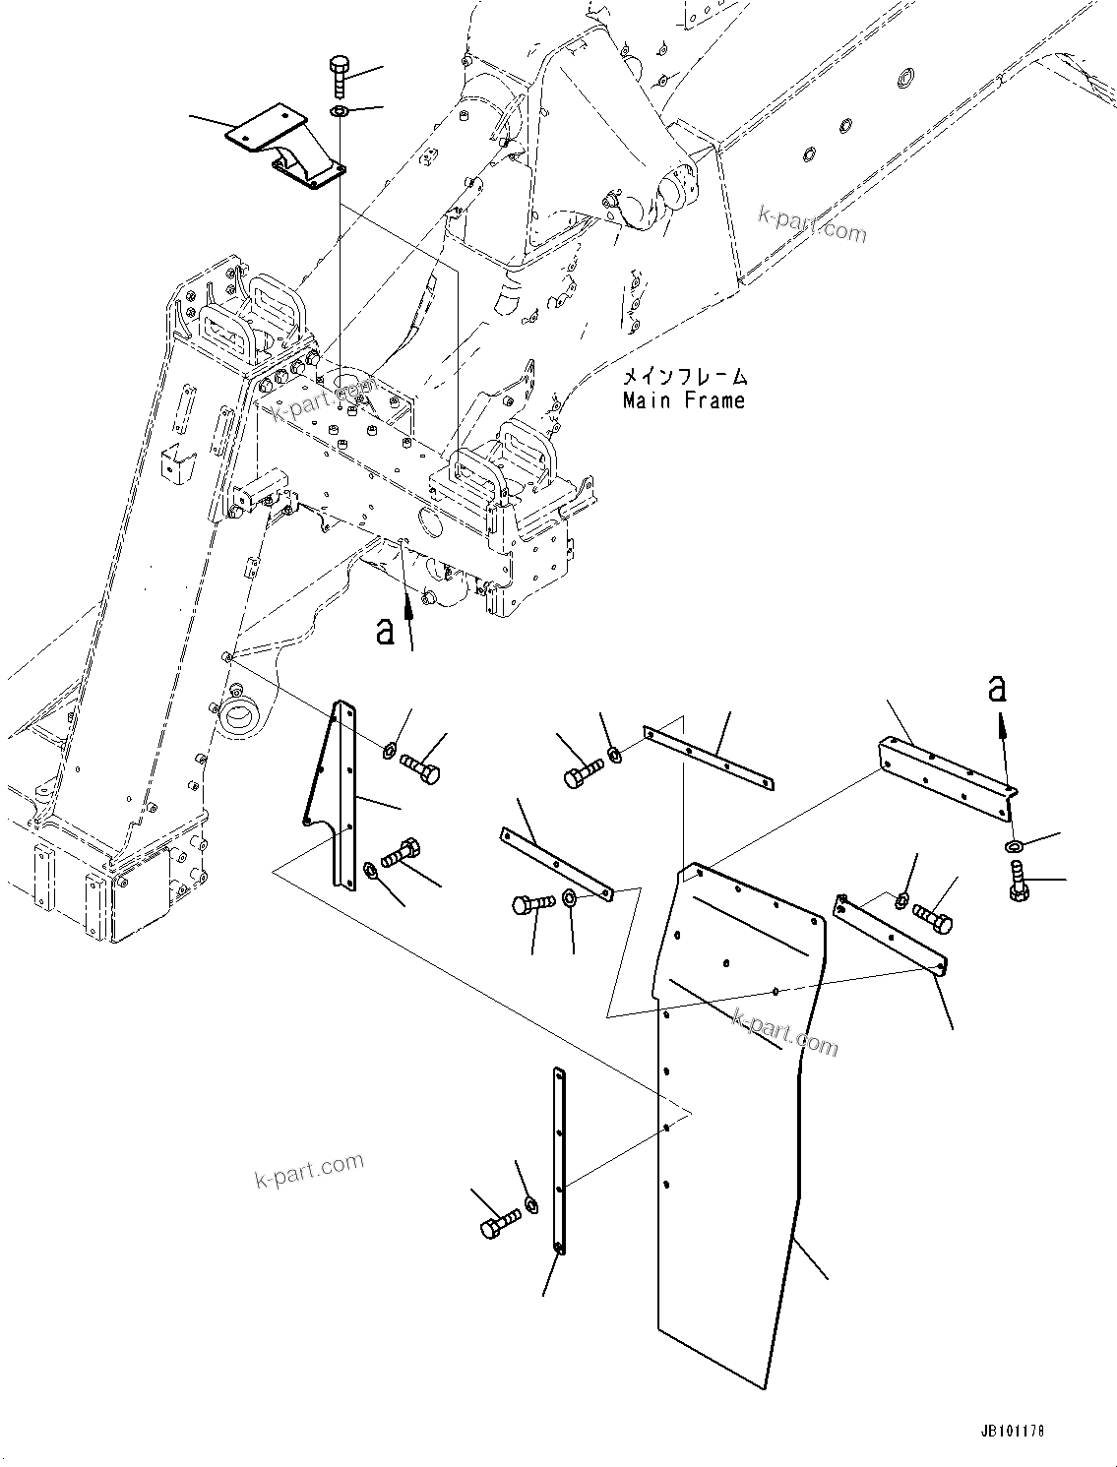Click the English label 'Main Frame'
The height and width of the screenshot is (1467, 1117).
pyautogui.click(x=683, y=400)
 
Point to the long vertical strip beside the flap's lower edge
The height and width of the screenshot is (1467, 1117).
pyautogui.click(x=560, y=1161)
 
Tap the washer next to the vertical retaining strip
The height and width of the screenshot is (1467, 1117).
pyautogui.click(x=531, y=1204)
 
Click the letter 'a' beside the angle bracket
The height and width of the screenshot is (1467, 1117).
pyautogui.click(x=998, y=688)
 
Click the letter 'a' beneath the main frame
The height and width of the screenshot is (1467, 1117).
pyautogui.click(x=386, y=630)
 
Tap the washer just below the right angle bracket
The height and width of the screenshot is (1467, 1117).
pyautogui.click(x=1014, y=846)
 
